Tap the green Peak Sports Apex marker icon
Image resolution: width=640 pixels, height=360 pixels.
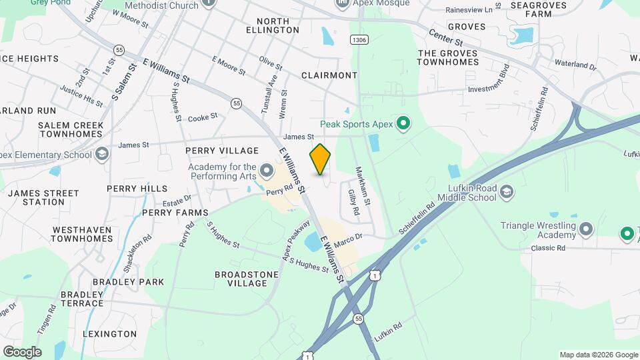click(x=403, y=123)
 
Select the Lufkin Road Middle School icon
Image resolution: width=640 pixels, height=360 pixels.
click(x=507, y=193)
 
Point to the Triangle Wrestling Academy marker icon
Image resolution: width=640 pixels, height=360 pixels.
click(x=586, y=230)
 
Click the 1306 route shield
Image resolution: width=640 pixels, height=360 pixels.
click(x=359, y=40)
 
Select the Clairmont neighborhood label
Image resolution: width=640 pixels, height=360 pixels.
click(x=329, y=75)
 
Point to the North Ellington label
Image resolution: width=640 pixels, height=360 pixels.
click(x=273, y=25)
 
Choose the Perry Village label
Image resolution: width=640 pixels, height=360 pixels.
click(x=222, y=150)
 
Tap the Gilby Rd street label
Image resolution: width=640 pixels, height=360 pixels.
click(x=353, y=202)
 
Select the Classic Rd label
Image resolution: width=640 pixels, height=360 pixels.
click(x=548, y=248)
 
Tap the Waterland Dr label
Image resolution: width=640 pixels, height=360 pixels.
click(x=574, y=65)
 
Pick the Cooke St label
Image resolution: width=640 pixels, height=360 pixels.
click(x=203, y=116)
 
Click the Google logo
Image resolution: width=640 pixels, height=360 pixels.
click(x=22, y=351)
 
